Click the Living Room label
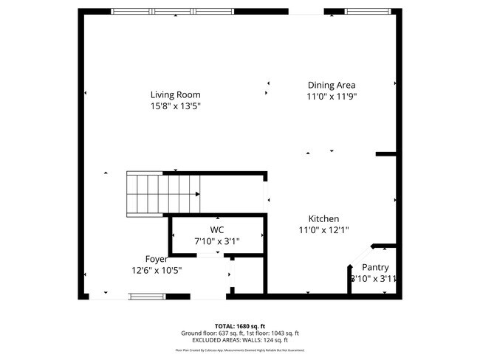point(175,94)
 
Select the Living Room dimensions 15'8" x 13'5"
point(175,106)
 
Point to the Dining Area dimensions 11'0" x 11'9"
point(332,96)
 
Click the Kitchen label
point(323,219)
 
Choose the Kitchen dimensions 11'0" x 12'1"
point(323,230)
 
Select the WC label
point(216,229)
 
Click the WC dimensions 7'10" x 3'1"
point(216,240)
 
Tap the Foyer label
point(156,259)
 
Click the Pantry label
point(374,268)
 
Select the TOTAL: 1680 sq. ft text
point(239,325)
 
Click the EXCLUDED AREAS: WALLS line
point(239,339)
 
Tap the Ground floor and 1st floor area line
point(239,332)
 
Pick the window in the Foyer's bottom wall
point(148,297)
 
